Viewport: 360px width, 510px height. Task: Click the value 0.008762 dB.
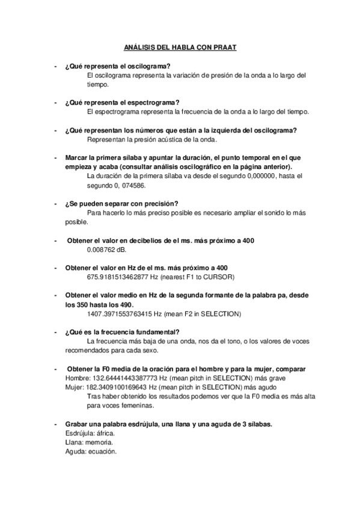click(106, 250)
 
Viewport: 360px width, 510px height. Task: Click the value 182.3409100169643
click(120, 387)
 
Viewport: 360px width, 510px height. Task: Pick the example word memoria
click(99, 442)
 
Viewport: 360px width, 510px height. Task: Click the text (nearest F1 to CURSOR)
click(201, 277)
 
